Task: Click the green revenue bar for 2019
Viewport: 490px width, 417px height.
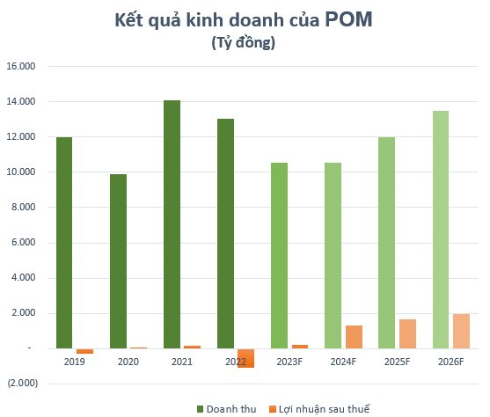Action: pos(65,243)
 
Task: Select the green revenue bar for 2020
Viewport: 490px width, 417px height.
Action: pos(118,261)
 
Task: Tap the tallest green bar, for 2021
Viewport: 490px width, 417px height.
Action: pos(172,224)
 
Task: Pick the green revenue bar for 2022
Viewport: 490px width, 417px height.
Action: pos(225,234)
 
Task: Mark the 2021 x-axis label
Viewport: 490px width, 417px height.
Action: pos(181,361)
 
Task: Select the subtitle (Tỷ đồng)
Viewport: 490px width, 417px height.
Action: pos(244,43)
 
